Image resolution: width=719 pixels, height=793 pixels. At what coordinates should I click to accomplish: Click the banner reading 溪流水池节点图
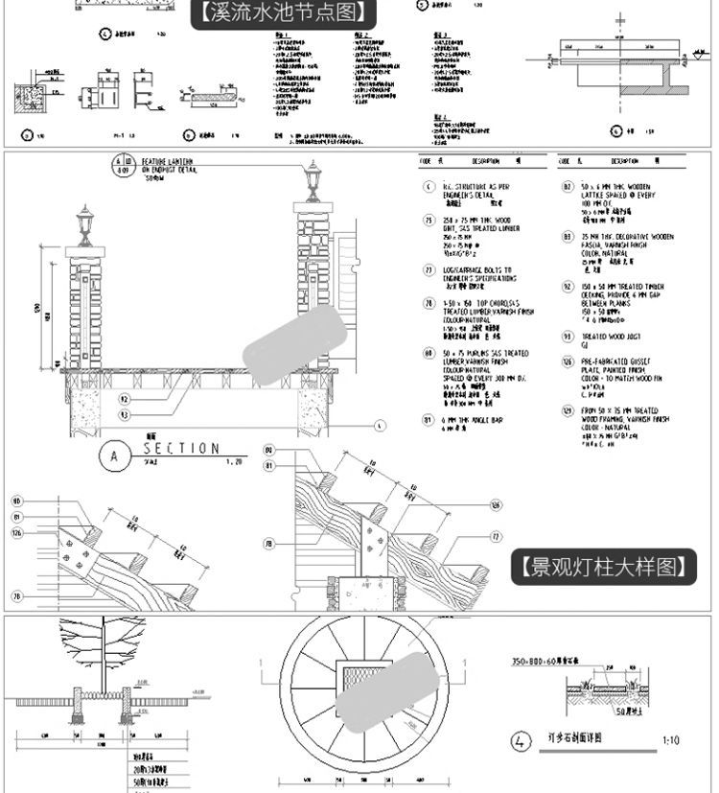[283, 13]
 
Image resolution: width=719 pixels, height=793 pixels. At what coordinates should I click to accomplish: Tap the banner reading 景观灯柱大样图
[603, 567]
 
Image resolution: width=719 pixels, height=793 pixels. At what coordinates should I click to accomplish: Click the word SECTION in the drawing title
[181, 449]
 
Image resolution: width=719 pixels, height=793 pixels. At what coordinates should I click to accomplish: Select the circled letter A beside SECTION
[115, 457]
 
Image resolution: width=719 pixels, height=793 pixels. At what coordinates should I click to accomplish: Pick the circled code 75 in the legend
[429, 222]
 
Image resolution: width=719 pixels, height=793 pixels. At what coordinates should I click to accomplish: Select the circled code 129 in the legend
[567, 410]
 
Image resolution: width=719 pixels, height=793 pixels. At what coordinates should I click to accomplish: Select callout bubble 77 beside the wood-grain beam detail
[496, 537]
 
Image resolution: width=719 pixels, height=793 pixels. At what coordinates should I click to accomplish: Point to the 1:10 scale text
[671, 740]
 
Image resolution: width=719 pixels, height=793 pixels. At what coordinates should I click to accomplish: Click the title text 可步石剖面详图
[573, 740]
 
